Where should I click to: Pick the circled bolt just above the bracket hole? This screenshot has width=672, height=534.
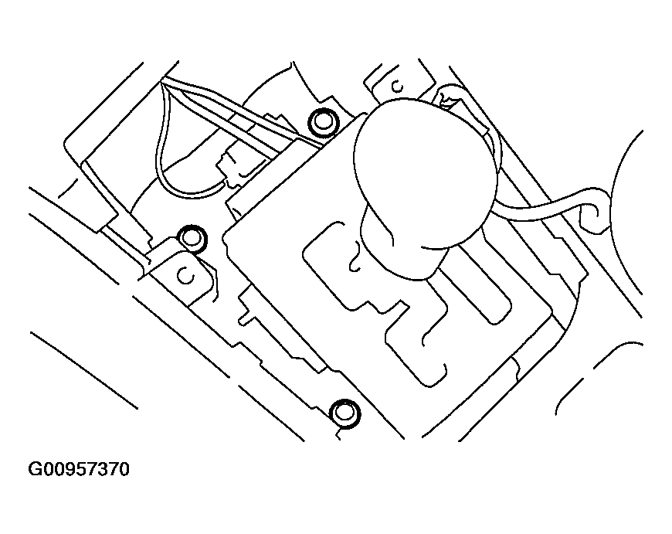(190, 238)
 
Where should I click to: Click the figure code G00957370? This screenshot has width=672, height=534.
(79, 469)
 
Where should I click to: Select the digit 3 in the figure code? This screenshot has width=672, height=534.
(101, 469)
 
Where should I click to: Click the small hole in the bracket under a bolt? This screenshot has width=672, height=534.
(185, 274)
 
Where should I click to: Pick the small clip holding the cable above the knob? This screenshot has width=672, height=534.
(446, 96)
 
